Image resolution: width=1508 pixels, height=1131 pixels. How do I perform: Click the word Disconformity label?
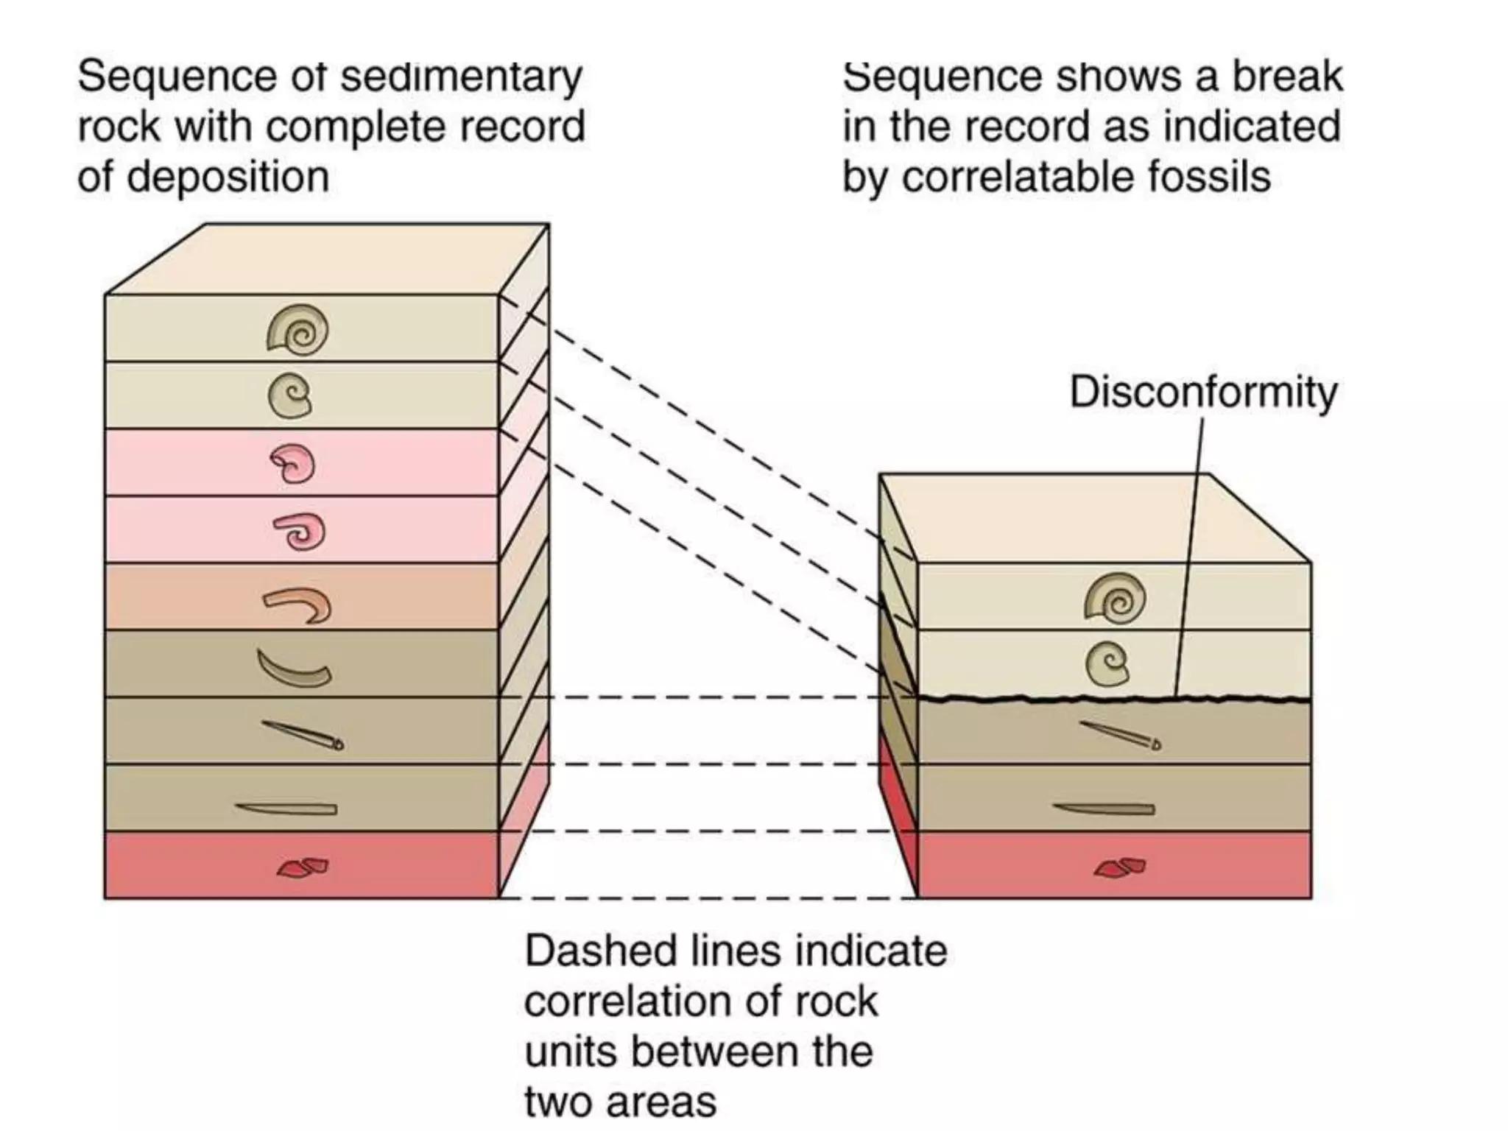pos(1202,392)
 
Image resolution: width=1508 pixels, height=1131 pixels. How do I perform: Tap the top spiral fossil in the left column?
pos(297,330)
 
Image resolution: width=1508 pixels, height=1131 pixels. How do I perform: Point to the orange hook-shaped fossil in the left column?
pos(299,605)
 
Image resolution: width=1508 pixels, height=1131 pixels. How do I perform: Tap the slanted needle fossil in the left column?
pos(303,735)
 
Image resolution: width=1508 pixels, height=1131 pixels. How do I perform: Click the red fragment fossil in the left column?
pos(303,867)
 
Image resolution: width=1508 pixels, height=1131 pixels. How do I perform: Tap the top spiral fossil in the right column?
pos(1115,596)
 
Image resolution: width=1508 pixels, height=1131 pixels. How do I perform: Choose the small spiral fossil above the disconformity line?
pos(1107,663)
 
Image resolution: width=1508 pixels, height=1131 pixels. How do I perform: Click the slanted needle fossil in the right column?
pos(1120,735)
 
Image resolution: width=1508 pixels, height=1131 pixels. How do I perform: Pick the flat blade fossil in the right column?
pos(1104,809)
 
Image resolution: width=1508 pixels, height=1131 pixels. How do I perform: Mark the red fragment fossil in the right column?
pos(1120,867)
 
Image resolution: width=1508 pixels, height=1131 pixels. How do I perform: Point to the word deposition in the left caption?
pos(228,177)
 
